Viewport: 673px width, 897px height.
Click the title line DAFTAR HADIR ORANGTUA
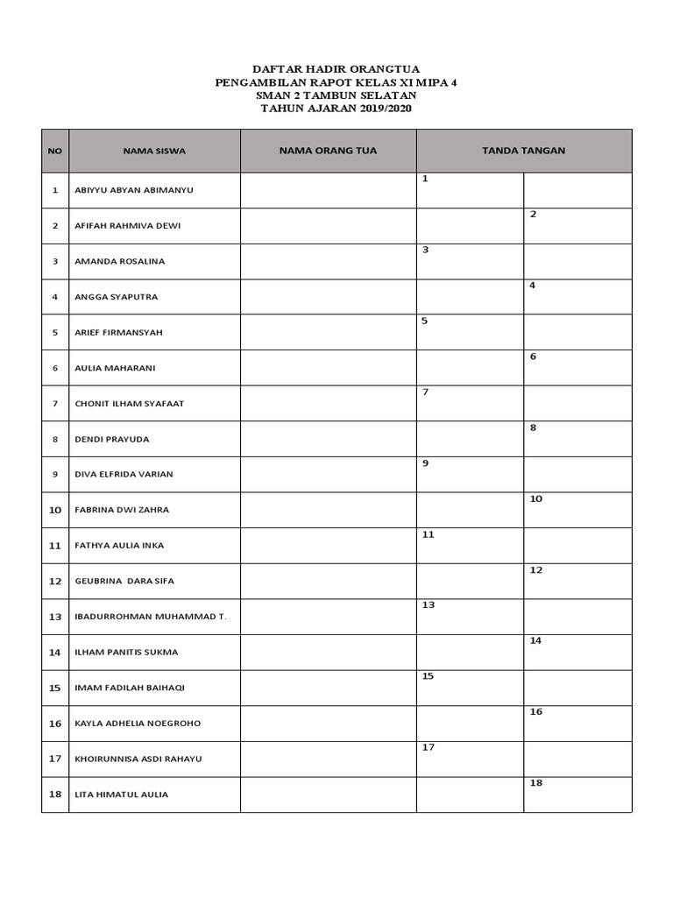(336, 68)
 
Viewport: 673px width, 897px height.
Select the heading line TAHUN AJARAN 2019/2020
(336, 108)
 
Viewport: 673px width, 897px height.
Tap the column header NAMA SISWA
(154, 151)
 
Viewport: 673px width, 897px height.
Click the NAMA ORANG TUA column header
(328, 151)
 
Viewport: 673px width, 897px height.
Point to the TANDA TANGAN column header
(523, 151)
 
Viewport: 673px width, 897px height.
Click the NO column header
(55, 151)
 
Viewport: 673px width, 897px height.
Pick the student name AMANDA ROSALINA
(120, 261)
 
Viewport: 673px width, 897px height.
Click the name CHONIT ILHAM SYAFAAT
(130, 404)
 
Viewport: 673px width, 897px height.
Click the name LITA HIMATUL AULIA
(122, 795)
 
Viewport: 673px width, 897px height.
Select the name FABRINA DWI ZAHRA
(122, 510)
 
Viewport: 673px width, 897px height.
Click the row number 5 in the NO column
(55, 333)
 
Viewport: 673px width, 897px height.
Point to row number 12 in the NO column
(55, 581)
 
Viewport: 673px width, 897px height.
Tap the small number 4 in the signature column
(533, 286)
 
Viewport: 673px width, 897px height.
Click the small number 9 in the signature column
(425, 463)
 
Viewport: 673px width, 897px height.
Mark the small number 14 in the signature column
(535, 641)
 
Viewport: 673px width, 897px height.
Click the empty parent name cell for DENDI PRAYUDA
(328, 439)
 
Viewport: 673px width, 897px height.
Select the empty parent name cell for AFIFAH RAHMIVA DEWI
(328, 226)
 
